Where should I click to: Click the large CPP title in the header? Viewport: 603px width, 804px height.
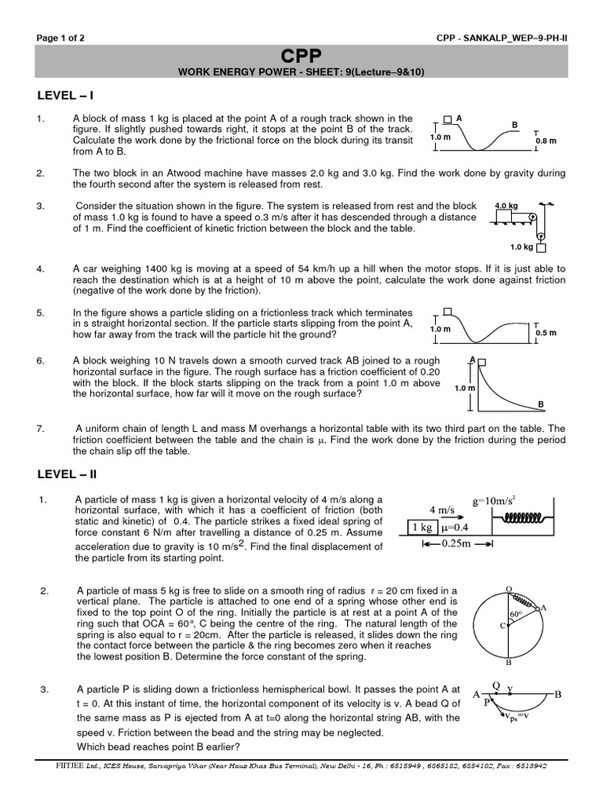click(x=301, y=56)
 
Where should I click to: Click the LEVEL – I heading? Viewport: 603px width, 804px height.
click(x=66, y=96)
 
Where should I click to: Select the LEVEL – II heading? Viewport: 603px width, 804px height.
click(x=68, y=475)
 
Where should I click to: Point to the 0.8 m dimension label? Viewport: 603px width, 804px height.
click(x=546, y=141)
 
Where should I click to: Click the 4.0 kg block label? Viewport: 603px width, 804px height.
click(x=506, y=206)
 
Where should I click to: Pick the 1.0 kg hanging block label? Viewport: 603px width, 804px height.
click(x=521, y=247)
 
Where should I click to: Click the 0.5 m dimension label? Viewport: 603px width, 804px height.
click(x=546, y=332)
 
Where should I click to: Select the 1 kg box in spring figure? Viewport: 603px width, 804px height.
click(x=422, y=528)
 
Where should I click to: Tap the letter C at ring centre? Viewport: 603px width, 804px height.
click(x=502, y=625)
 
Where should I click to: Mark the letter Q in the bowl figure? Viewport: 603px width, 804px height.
click(x=495, y=685)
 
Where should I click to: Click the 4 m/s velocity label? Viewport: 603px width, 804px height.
click(x=442, y=510)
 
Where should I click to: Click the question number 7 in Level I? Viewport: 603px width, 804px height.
click(x=40, y=429)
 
